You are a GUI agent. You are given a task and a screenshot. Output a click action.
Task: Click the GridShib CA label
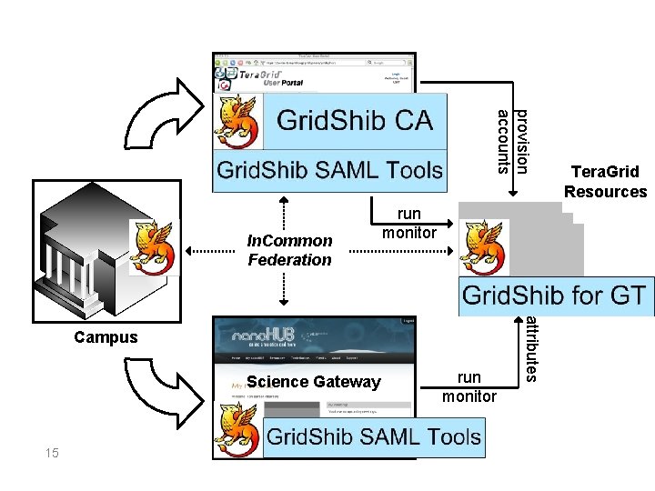pos(354,120)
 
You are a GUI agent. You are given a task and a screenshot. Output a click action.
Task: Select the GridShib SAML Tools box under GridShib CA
pos(329,170)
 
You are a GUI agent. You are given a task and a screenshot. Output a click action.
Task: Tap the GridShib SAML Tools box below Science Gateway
pos(373,436)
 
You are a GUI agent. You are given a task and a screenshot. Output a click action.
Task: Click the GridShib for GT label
pos(555,296)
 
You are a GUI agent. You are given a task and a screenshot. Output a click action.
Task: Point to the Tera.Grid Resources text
pos(605,181)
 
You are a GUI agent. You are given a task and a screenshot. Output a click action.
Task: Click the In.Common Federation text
pos(290,250)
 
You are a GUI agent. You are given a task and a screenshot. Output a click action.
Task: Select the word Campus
pos(107,337)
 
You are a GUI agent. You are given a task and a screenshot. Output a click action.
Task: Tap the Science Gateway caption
pos(314,382)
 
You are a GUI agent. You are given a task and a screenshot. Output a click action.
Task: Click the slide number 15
pos(52,452)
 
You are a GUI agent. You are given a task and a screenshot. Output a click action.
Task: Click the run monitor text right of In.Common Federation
pos(409,223)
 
